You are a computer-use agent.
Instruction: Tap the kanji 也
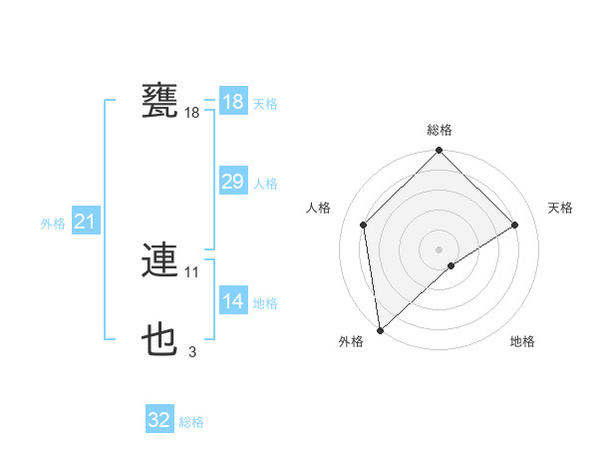[160, 340]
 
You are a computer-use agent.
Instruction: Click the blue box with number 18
[232, 102]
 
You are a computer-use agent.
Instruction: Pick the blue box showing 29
[232, 182]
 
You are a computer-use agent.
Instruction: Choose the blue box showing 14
[232, 301]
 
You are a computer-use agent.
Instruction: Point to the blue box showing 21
[85, 222]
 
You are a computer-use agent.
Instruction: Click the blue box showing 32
[159, 420]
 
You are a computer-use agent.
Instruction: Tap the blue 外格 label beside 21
[53, 224]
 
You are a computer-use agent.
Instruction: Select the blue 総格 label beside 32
[191, 422]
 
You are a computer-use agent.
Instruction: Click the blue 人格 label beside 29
[265, 184]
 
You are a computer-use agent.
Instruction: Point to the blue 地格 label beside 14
[265, 303]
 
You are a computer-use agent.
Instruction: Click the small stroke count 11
[192, 271]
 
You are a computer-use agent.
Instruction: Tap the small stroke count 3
[192, 351]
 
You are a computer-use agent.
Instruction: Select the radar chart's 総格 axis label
[440, 130]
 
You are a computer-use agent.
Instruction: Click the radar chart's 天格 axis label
[560, 208]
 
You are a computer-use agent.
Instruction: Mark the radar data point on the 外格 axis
[379, 330]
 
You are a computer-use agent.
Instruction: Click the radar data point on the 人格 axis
[364, 225]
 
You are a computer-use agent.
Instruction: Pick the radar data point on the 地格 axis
[451, 265]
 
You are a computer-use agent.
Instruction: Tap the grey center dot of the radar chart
[439, 248]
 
